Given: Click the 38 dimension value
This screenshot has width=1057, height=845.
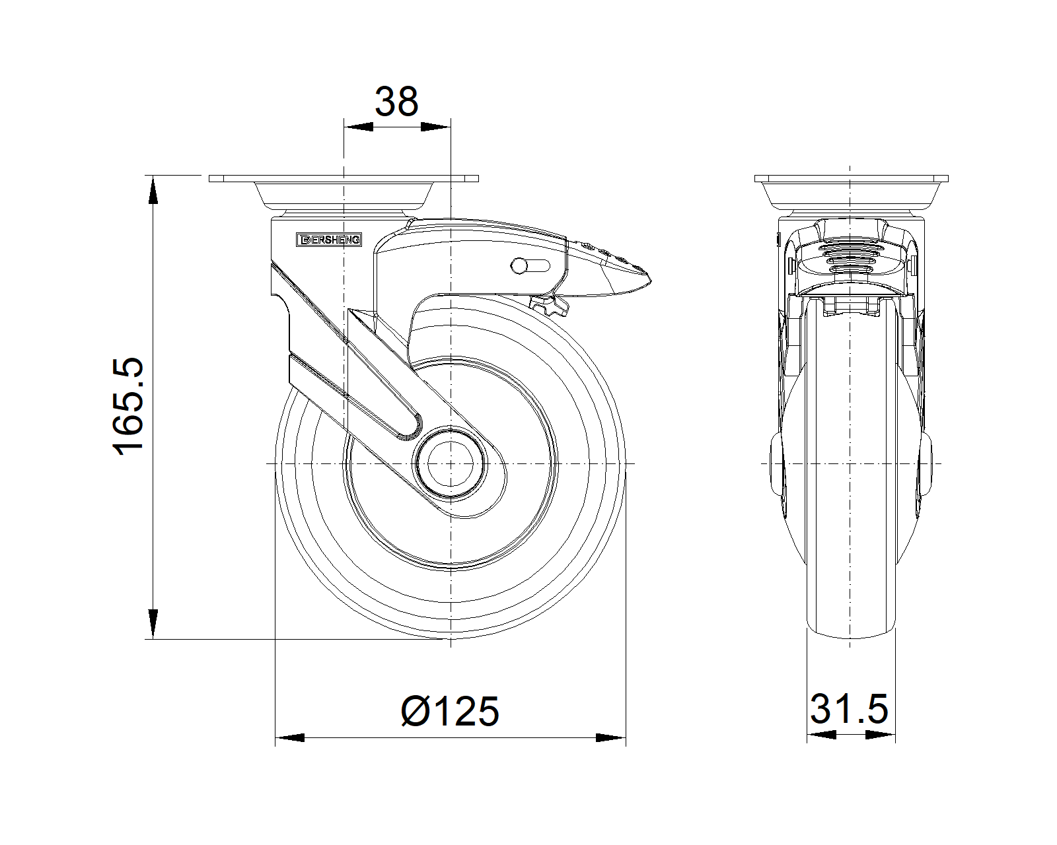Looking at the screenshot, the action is pyautogui.click(x=396, y=102).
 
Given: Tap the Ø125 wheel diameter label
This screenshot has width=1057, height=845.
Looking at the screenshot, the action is pyautogui.click(x=450, y=711).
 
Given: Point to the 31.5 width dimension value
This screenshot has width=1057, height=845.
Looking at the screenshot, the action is pyautogui.click(x=850, y=709).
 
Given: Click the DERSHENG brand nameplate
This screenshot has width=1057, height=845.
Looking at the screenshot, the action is pyautogui.click(x=329, y=240).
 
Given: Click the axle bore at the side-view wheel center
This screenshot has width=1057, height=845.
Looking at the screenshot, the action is pyautogui.click(x=451, y=464).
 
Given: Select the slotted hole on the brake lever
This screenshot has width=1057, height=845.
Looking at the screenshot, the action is pyautogui.click(x=530, y=265).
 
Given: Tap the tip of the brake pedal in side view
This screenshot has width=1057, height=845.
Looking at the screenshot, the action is pyautogui.click(x=651, y=281).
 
